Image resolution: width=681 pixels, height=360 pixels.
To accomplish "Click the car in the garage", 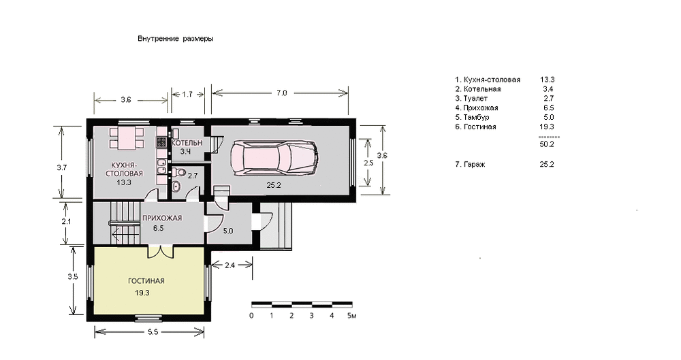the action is pos(274,158).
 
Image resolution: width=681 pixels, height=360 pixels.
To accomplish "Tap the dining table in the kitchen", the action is pos(127,137).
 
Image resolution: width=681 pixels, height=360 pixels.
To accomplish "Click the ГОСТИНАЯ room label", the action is pos(146,281).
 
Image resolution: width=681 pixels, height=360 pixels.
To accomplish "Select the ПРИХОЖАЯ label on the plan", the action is pos(162,218).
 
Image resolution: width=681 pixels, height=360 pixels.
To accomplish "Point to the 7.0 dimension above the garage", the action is pos(281,93).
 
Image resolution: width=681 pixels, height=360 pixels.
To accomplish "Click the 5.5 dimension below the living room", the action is pos(153,332).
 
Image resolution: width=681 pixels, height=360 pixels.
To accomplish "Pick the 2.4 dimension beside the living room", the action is pos(229,265).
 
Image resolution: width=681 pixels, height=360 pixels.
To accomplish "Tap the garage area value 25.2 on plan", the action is pos(274,185).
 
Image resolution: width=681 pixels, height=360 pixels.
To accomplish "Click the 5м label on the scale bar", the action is pos(352,316).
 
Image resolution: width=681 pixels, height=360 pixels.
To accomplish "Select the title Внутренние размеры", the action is pos(176,39).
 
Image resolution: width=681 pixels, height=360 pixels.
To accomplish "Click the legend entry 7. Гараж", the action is pos(470,164).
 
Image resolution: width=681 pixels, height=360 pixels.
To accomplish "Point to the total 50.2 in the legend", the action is pos(547,144).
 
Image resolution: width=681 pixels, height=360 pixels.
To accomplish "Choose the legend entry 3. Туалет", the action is pos(471,99).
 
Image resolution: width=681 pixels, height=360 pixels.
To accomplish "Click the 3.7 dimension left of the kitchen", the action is pos(62,167).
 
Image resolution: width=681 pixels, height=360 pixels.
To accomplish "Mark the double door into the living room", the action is pos(161,251).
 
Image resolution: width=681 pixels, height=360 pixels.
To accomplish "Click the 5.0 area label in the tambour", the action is pos(228,231).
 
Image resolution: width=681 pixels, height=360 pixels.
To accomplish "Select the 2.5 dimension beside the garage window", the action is pos(368,163).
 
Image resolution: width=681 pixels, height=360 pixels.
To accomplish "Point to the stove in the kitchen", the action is pos(161,141).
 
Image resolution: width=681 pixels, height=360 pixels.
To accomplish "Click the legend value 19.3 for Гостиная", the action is pos(547,127).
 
